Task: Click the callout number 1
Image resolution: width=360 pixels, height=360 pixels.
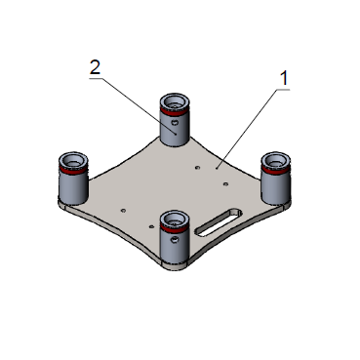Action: pyautogui.click(x=285, y=78)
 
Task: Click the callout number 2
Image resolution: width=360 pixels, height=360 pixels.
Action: pyautogui.click(x=95, y=67)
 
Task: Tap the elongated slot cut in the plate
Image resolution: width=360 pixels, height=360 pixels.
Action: pyautogui.click(x=219, y=222)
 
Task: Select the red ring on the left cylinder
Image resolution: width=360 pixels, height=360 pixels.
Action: pyautogui.click(x=73, y=170)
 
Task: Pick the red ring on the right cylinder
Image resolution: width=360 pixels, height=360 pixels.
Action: pyautogui.click(x=276, y=170)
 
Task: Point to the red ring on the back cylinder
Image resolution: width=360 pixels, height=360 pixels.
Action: pyautogui.click(x=175, y=111)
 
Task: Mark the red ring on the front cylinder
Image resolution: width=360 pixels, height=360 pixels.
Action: pyautogui.click(x=175, y=228)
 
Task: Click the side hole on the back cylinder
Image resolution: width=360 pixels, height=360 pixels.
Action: pyautogui.click(x=176, y=123)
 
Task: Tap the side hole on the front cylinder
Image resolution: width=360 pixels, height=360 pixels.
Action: pyautogui.click(x=175, y=240)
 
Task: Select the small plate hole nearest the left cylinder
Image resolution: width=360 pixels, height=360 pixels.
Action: pyautogui.click(x=123, y=211)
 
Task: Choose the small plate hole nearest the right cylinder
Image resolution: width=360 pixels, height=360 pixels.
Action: pyautogui.click(x=225, y=184)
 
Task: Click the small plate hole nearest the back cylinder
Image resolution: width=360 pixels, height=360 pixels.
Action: pyautogui.click(x=197, y=168)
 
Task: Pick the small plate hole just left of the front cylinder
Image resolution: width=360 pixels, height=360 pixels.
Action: pyautogui.click(x=151, y=226)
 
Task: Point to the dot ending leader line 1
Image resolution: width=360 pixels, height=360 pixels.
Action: pyautogui.click(x=217, y=169)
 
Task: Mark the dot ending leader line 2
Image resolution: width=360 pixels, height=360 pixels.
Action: pyautogui.click(x=176, y=134)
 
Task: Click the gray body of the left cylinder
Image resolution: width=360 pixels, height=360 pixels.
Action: pyautogui.click(x=73, y=187)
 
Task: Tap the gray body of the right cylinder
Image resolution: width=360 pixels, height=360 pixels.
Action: pyautogui.click(x=276, y=187)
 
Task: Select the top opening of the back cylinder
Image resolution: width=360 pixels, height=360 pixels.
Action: pyautogui.click(x=175, y=102)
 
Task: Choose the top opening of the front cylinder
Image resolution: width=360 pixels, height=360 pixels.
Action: pyautogui.click(x=175, y=220)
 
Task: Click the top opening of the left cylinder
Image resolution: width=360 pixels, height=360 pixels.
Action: pyautogui.click(x=73, y=161)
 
